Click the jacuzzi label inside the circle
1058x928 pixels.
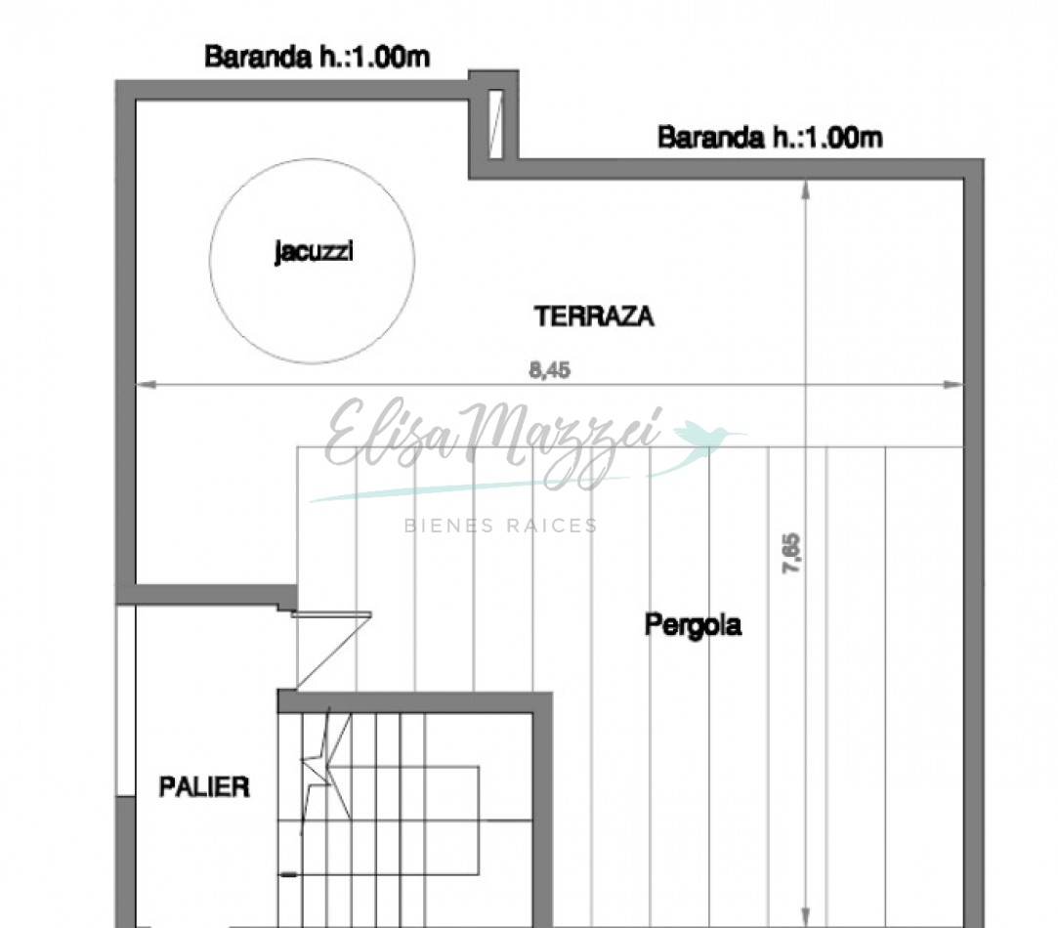click(x=313, y=253)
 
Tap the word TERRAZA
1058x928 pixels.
click(x=594, y=316)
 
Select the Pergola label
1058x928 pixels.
click(x=693, y=624)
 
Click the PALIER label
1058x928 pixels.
click(x=204, y=786)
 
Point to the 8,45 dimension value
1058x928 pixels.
click(x=549, y=371)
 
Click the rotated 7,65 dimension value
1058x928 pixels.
click(x=791, y=553)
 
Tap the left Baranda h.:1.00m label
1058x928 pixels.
click(x=317, y=58)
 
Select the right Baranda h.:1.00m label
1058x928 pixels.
click(x=770, y=138)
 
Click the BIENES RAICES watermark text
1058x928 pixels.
click(x=500, y=526)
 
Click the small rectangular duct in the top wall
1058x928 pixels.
click(x=495, y=123)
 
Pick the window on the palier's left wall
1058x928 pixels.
click(x=125, y=699)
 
